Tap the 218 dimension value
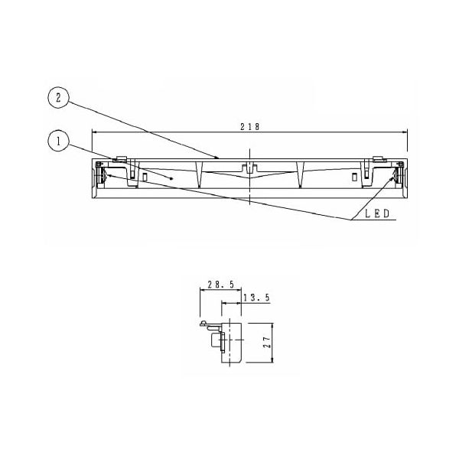pos(250,126)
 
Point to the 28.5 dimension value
pos(220,284)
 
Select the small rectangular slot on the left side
pos(145,177)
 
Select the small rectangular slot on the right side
pos(353,177)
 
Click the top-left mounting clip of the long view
pos(120,161)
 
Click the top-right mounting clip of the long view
pos(378,161)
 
